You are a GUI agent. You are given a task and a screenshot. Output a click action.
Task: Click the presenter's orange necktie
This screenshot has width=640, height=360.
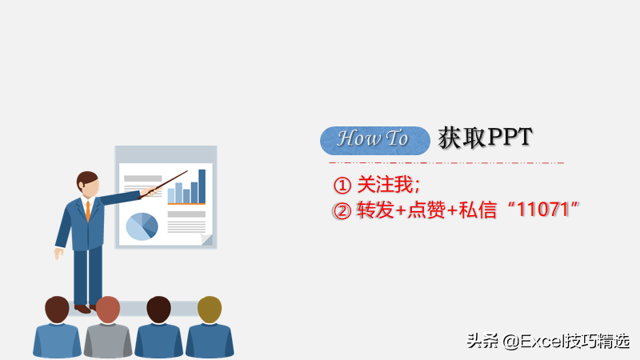click(88, 210)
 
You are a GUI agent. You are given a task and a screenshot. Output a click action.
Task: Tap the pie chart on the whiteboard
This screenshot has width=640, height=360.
click(142, 226)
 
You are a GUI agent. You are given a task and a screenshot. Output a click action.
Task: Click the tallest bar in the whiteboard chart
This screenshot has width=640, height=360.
click(202, 186)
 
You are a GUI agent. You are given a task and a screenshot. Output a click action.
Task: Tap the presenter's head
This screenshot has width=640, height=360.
click(87, 183)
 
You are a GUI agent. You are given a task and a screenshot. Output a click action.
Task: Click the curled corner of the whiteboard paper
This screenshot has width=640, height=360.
click(206, 239)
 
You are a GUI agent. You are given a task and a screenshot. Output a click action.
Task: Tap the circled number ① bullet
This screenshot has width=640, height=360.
click(342, 186)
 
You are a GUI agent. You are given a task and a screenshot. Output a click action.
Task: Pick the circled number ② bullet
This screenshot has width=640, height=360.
click(342, 210)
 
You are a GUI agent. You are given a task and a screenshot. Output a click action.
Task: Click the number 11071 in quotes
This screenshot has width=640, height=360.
click(547, 210)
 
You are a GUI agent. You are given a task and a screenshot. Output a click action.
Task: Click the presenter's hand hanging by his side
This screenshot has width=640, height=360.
click(58, 254)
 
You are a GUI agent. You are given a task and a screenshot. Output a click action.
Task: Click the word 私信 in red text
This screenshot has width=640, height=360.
click(480, 210)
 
